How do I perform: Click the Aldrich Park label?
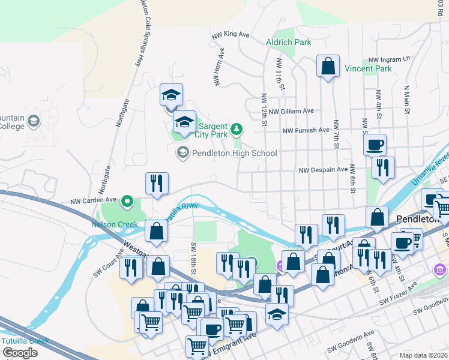point(289,42)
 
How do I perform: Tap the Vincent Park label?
point(368,69)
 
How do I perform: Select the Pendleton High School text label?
point(234,153)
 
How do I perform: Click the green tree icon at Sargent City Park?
point(237,128)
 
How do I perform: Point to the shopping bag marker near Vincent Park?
point(328,67)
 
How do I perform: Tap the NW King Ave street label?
point(231,35)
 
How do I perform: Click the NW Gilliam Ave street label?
point(291,111)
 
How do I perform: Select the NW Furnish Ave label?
point(306,130)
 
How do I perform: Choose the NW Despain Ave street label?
point(324,170)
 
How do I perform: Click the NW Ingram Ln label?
point(389,59)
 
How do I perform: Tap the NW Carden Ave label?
point(93,201)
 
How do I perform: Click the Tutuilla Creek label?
point(25,341)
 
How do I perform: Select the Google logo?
point(20,353)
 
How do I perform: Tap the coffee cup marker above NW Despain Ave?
point(375,145)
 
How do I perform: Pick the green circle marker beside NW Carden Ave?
point(127,201)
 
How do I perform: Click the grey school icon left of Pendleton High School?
point(182,153)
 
